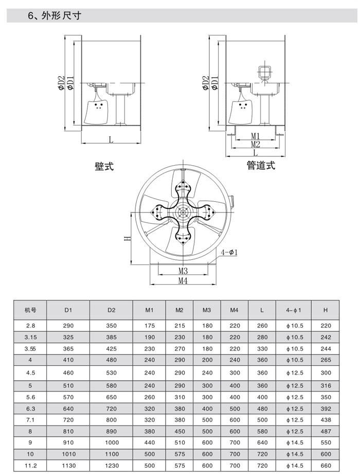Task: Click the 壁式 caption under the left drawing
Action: tap(104, 166)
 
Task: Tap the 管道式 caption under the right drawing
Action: tap(261, 165)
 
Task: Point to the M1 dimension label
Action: tap(256, 136)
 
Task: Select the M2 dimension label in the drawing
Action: tap(256, 144)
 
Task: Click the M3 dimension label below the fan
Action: tap(183, 271)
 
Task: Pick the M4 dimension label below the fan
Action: tap(183, 280)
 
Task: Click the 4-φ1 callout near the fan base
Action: tap(229, 253)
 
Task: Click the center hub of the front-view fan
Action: tap(183, 212)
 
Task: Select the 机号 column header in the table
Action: tap(30, 310)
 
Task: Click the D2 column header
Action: tap(112, 310)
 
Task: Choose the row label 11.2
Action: tap(30, 465)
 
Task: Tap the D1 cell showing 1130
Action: tap(68, 465)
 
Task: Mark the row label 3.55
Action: tap(30, 349)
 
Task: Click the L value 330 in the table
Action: tap(262, 349)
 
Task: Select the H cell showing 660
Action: tap(326, 465)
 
